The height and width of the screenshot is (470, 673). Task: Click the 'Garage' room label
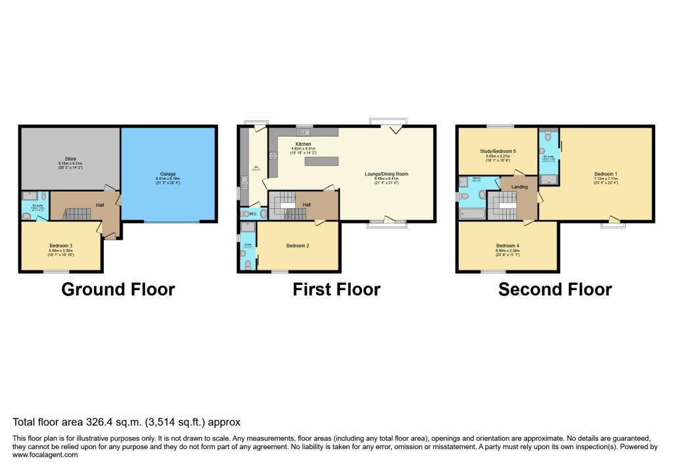click(x=170, y=173)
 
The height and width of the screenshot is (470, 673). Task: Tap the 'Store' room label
click(x=68, y=158)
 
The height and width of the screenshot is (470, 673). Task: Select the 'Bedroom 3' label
click(x=60, y=246)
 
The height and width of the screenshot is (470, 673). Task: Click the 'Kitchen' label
click(x=303, y=144)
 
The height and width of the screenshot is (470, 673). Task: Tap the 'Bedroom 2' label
click(x=298, y=246)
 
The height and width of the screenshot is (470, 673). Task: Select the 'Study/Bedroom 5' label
click(x=497, y=151)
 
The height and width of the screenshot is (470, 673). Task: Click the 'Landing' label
click(x=519, y=186)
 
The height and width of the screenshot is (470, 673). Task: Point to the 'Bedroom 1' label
click(x=605, y=174)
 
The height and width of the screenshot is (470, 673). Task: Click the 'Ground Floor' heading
click(x=118, y=289)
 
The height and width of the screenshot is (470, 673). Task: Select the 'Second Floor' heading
click(x=555, y=289)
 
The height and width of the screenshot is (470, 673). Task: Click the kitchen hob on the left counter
click(x=271, y=156)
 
